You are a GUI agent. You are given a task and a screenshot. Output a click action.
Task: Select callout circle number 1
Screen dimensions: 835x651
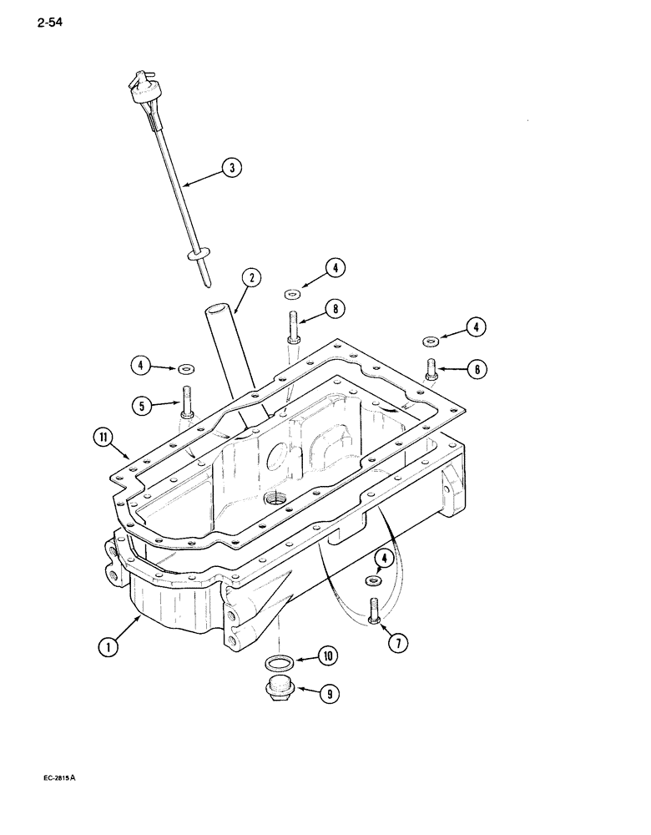pyautogui.click(x=108, y=645)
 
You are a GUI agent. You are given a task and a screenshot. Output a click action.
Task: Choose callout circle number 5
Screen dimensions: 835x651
pyautogui.click(x=143, y=406)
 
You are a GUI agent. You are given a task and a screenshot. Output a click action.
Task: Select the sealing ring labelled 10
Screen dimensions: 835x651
pyautogui.click(x=278, y=663)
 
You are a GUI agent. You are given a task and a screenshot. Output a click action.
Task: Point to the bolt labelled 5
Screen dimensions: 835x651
pyautogui.click(x=185, y=403)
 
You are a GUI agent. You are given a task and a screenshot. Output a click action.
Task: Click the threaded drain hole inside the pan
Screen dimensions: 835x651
pyautogui.click(x=274, y=498)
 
